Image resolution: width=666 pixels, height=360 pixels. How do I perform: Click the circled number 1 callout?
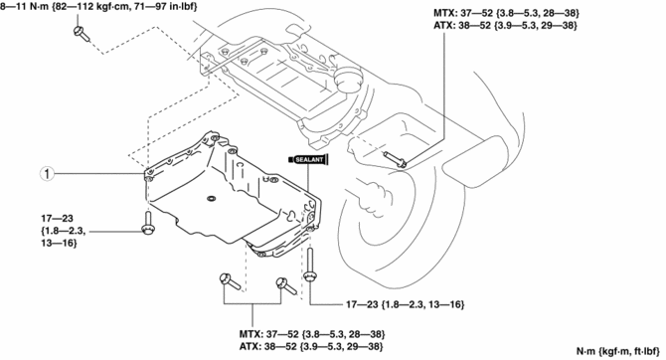47,173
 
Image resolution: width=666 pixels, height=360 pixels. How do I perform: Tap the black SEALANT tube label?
309,159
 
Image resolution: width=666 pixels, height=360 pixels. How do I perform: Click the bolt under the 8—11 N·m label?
82,34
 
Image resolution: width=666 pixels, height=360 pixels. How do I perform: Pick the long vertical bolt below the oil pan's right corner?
310,265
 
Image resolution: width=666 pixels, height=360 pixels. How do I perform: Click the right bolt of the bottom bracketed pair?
286,285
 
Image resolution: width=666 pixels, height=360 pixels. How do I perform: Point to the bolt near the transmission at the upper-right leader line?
395,158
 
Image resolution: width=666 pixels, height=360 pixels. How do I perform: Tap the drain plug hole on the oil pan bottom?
211,199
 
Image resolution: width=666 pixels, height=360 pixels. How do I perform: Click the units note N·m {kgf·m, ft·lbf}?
617,351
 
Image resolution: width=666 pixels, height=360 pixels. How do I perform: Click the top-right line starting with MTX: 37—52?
506,13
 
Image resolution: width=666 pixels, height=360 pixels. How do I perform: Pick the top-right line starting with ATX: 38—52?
505,26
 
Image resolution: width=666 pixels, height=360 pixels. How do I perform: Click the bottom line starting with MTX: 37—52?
312,334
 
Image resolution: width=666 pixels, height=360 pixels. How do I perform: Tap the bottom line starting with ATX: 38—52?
311,347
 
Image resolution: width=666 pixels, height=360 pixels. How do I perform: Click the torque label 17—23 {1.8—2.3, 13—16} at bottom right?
405,304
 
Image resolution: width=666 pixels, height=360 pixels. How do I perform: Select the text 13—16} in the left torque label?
59,243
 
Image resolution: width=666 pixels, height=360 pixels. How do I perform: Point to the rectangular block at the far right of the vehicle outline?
475,161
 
